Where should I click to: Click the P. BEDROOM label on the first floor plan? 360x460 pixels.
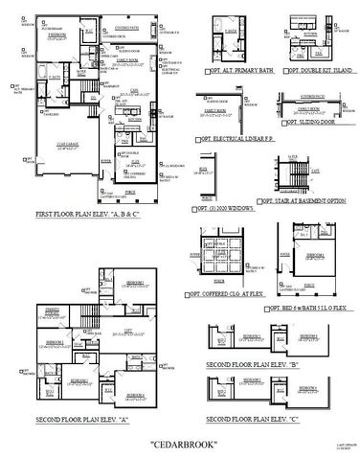pyautogui.click(x=58, y=36)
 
